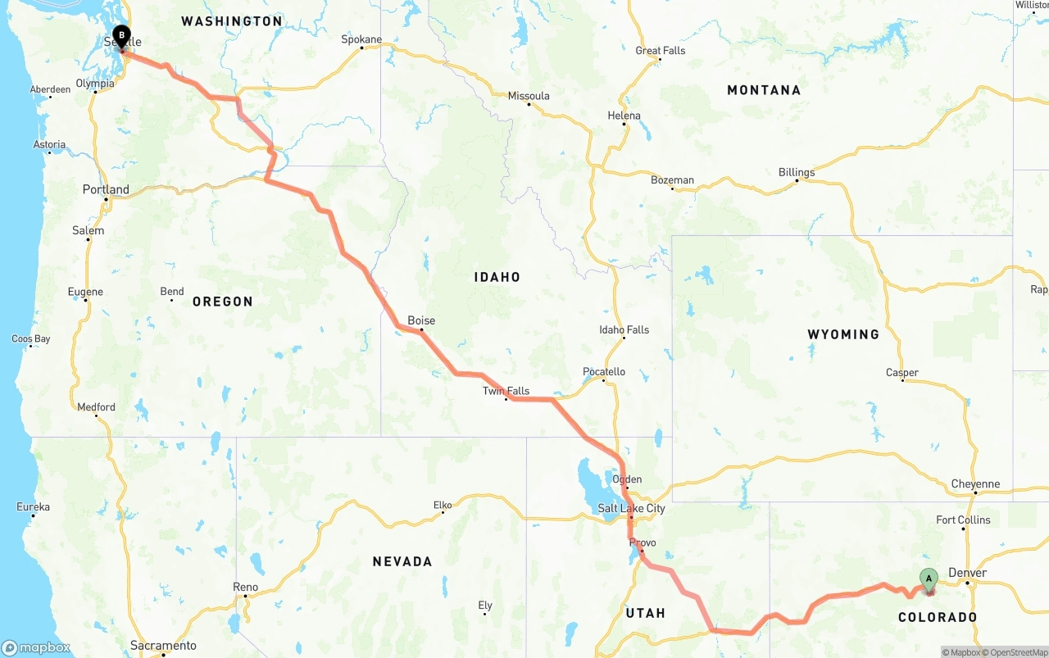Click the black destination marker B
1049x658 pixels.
click(121, 36)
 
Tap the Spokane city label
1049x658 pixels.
click(361, 39)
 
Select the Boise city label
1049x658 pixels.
click(421, 320)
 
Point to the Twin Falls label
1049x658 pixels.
click(506, 391)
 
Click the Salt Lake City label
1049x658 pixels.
click(631, 508)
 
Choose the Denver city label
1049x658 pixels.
click(967, 573)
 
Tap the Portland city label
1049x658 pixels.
click(106, 189)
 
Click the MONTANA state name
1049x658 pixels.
click(764, 90)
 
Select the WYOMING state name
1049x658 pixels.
click(843, 334)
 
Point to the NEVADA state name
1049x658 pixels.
click(402, 561)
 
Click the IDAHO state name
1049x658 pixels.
click(497, 277)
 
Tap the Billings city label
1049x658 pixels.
click(797, 172)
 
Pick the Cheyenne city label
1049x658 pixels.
click(975, 483)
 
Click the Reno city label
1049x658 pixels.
click(245, 587)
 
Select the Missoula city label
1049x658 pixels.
click(529, 96)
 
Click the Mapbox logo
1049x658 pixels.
click(36, 648)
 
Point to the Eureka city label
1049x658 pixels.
click(33, 507)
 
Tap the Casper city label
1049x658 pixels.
click(901, 373)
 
